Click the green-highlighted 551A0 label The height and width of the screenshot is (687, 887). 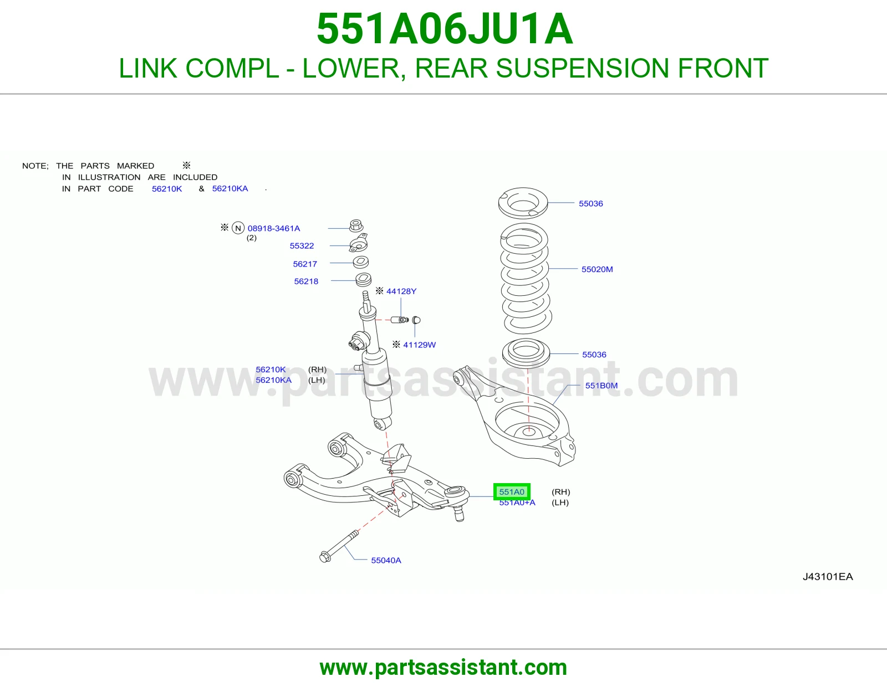click(512, 491)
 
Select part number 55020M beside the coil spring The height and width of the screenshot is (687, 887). click(597, 269)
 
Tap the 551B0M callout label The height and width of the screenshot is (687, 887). click(601, 386)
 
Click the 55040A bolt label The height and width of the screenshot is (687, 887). click(386, 561)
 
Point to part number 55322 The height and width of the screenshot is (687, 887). click(302, 246)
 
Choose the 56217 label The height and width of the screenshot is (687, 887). click(305, 264)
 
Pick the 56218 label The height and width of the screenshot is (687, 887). click(306, 281)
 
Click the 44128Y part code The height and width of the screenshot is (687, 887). click(401, 291)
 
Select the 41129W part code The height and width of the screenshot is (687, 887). click(419, 345)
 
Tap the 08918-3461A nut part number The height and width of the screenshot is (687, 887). click(273, 228)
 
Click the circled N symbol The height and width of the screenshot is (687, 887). click(238, 228)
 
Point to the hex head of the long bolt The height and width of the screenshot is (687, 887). click(325, 557)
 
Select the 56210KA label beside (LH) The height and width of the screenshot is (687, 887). click(273, 380)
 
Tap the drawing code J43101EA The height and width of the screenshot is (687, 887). click(827, 577)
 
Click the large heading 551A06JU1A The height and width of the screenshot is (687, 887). click(445, 29)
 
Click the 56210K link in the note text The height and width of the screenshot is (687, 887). click(166, 189)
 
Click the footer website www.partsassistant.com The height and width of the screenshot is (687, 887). click(443, 668)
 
